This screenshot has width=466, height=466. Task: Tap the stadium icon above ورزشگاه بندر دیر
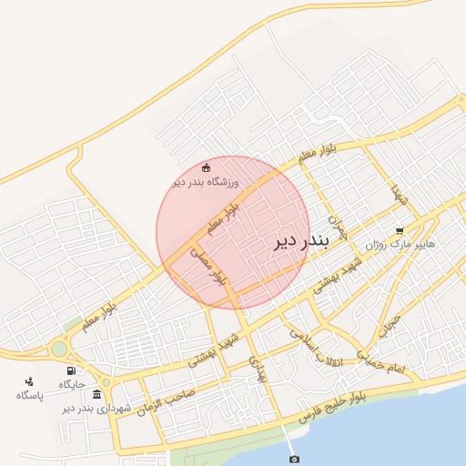(206, 167)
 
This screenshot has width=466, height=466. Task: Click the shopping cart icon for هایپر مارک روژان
(400, 230)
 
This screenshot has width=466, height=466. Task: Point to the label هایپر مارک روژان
(400, 246)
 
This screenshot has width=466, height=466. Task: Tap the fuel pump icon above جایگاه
(71, 370)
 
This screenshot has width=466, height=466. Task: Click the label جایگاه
(72, 385)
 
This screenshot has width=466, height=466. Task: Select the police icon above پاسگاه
(29, 380)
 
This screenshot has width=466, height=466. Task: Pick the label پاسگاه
(29, 395)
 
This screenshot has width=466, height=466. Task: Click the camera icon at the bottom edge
(293, 459)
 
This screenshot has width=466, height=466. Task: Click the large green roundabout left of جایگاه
(59, 349)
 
